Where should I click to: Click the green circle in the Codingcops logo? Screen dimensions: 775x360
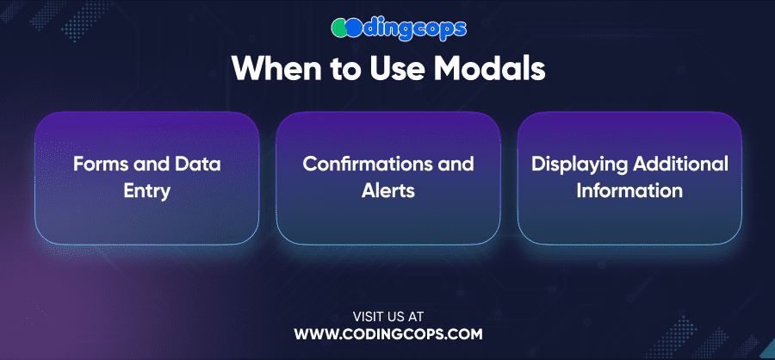point(339,28)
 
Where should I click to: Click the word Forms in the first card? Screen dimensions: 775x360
point(96,164)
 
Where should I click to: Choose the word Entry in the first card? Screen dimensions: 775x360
point(146,190)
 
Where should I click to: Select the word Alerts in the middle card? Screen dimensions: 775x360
point(388,190)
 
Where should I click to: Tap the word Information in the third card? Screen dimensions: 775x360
point(629,190)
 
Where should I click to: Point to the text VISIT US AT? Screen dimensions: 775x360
point(388,316)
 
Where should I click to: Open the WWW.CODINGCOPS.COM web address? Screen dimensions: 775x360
point(388,334)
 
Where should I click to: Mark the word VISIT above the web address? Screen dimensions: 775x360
point(367,316)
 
